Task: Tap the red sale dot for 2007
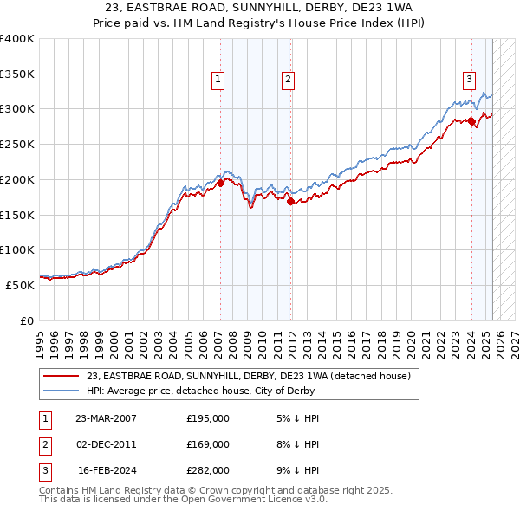(220, 183)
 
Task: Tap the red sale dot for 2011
(291, 201)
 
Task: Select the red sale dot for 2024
(471, 121)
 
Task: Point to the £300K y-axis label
(17, 109)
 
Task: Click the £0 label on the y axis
(26, 320)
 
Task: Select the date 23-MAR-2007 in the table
(106, 418)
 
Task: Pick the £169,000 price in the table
(208, 444)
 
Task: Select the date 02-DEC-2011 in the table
(106, 444)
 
